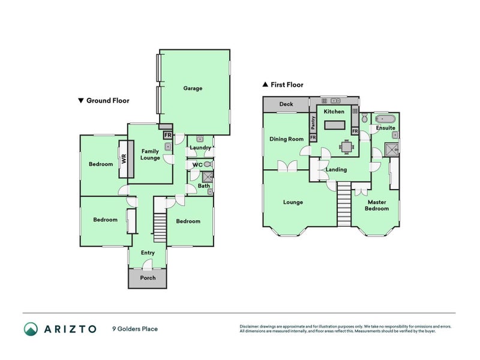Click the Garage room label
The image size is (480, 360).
(x=193, y=88)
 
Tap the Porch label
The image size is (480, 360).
(x=148, y=278)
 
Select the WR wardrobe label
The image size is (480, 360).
(x=124, y=159)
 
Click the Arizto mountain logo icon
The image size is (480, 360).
(x=31, y=329)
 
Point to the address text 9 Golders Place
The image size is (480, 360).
(x=135, y=329)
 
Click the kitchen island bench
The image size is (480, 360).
(x=335, y=125)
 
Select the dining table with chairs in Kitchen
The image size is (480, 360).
(x=347, y=147)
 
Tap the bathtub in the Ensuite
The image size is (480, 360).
(x=385, y=118)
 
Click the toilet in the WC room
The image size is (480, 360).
(x=208, y=164)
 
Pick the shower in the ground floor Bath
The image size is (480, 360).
(x=208, y=177)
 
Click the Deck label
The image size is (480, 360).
(x=286, y=104)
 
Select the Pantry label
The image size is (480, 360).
(x=313, y=123)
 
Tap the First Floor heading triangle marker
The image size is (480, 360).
(x=265, y=84)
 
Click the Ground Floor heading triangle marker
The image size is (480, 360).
(x=81, y=100)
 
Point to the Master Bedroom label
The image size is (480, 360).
(x=377, y=205)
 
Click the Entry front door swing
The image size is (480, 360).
(x=148, y=265)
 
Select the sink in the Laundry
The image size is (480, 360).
(x=200, y=139)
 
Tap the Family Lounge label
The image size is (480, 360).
(x=150, y=155)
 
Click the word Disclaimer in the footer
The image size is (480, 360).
(x=249, y=326)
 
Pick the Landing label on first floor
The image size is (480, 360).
(x=336, y=170)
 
